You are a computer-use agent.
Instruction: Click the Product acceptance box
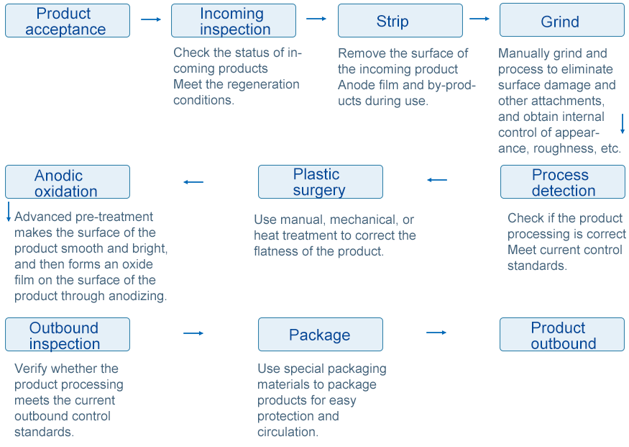pos(68,20)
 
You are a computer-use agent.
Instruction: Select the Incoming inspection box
pos(234,20)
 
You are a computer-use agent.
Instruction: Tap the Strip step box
pos(400,20)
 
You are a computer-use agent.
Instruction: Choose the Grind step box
pos(562,20)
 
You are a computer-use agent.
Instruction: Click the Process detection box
pos(563,182)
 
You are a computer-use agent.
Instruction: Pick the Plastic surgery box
pos(321,182)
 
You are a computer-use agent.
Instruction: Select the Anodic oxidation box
pos(68,182)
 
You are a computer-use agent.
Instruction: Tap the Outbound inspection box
pos(68,335)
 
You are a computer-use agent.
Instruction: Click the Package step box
pos(321,335)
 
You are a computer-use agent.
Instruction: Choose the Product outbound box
pos(562,335)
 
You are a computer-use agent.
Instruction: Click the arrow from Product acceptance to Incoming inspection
pos(151,19)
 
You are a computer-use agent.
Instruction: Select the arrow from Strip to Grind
pos(479,19)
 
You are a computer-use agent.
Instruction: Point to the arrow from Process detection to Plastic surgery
pos(437,180)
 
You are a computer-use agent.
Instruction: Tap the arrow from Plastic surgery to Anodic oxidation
pos(193,182)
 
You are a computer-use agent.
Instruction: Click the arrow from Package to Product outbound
pos(436,333)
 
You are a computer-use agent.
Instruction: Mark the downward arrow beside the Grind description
pos(623,124)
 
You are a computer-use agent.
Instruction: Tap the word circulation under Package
pos(288,432)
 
